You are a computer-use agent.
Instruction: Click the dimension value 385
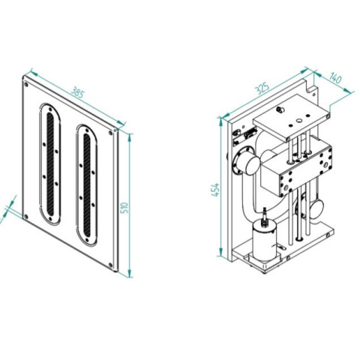(77, 92)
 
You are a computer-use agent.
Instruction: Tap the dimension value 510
(124, 208)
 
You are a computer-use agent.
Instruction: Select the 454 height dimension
(215, 190)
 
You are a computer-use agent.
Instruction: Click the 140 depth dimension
(335, 78)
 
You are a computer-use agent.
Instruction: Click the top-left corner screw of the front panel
(25, 84)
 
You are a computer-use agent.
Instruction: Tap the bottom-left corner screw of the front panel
(25, 217)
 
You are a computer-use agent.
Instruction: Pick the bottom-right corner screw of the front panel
(110, 265)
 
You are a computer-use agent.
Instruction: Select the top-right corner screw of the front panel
(110, 133)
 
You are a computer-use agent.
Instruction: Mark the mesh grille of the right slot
(87, 186)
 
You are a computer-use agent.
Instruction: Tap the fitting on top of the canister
(265, 216)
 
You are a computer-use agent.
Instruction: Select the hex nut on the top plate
(278, 109)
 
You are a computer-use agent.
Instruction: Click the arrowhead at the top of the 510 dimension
(130, 137)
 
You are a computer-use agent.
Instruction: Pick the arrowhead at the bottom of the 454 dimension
(220, 252)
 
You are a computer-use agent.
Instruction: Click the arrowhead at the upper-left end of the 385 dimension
(34, 73)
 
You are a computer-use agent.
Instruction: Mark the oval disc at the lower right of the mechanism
(317, 207)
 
